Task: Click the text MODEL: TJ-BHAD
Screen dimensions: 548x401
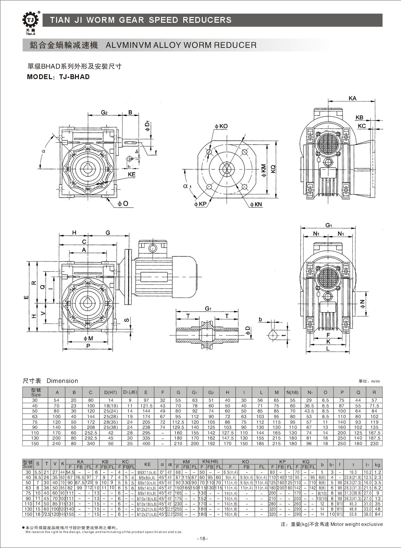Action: (58, 77)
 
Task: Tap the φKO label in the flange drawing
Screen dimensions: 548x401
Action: (221, 126)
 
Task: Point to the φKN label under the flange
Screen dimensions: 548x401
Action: (256, 204)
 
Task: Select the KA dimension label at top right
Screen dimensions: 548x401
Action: (352, 98)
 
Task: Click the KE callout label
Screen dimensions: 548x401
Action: (131, 175)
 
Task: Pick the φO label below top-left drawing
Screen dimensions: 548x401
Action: (123, 204)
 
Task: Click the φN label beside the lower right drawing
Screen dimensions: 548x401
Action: (362, 304)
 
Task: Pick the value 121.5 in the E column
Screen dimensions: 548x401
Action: (146, 406)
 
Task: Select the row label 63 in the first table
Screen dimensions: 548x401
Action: (35, 416)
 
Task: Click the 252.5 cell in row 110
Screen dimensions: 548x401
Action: (91, 433)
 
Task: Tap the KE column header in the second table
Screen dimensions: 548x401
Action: (147, 464)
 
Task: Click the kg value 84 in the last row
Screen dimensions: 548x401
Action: (377, 514)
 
